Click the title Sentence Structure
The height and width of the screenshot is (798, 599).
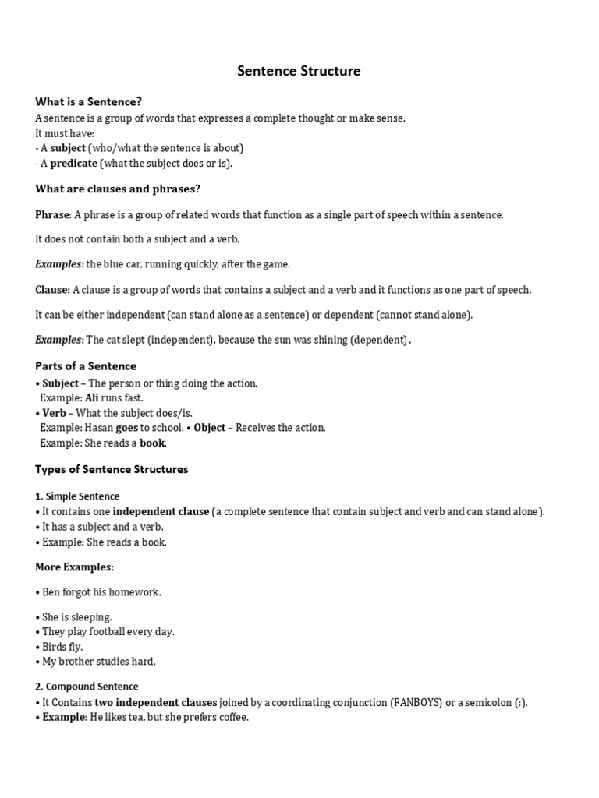299,72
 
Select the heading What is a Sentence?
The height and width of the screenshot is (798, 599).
88,101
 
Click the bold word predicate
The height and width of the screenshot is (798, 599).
74,163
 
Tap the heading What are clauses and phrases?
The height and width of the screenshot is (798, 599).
118,189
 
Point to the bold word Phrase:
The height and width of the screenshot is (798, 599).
53,214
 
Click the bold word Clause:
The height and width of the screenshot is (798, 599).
52,290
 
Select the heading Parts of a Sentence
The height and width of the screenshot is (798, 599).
86,366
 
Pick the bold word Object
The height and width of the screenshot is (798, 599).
210,428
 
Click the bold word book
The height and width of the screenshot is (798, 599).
152,443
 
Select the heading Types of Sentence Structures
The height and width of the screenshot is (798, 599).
112,470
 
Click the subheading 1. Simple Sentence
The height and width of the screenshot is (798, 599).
77,496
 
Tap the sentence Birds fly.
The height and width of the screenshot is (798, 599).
62,647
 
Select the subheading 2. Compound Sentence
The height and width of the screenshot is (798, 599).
87,687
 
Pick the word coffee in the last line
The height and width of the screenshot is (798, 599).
231,717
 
